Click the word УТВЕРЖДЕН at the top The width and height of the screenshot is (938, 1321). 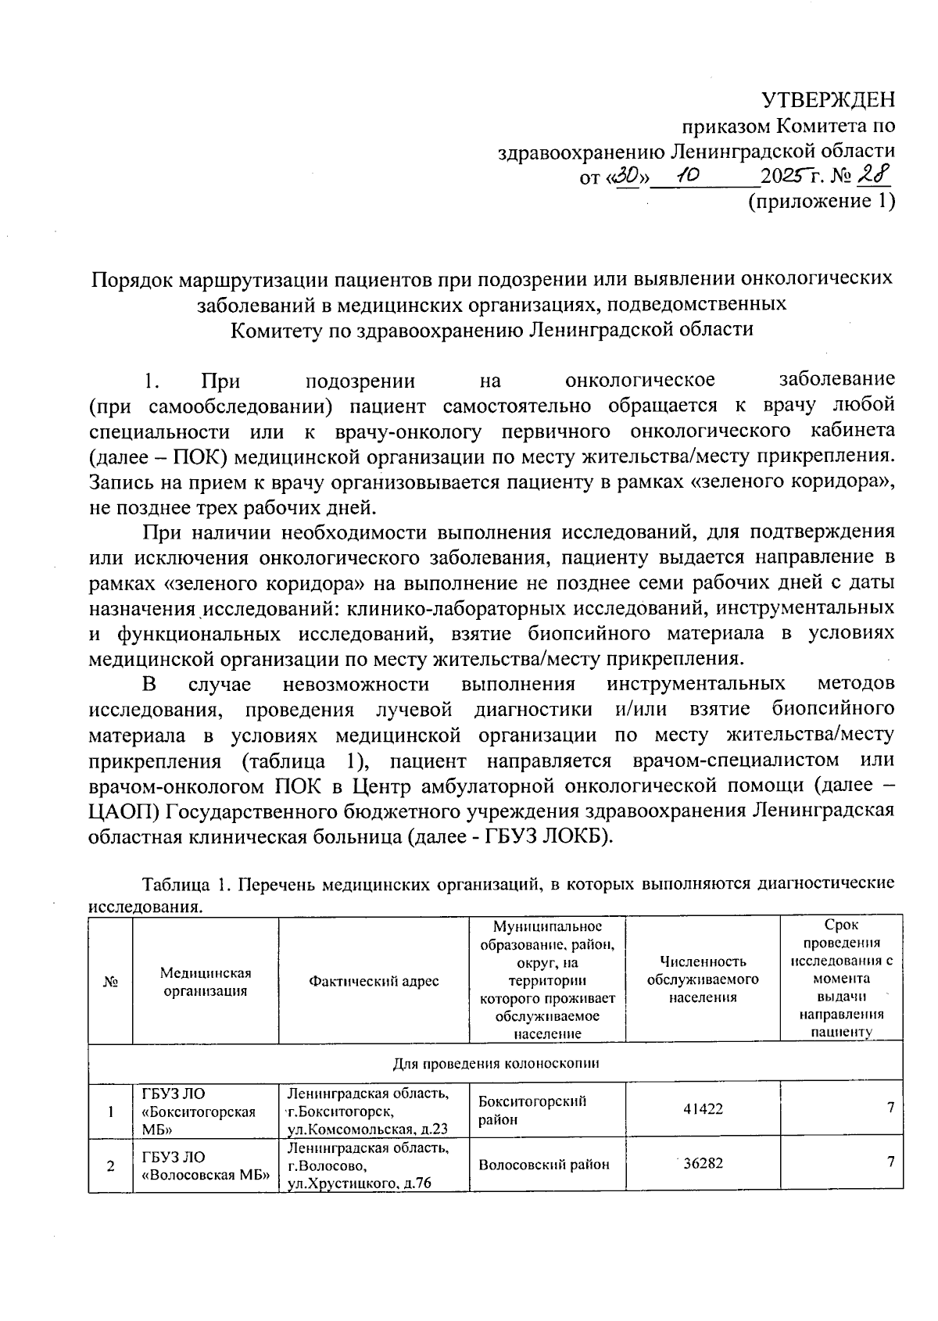click(829, 100)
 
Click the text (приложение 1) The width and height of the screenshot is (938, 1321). click(821, 202)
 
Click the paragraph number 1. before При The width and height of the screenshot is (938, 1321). click(152, 381)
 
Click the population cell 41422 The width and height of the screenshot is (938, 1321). click(703, 1108)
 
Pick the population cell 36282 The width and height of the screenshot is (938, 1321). click(703, 1163)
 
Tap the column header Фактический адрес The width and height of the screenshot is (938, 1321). click(374, 981)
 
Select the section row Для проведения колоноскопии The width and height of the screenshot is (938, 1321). click(496, 1063)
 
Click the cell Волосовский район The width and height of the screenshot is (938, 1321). click(543, 1164)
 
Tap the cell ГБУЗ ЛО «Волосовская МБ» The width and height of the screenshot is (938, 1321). click(205, 1165)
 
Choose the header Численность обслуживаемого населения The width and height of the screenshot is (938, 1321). click(703, 979)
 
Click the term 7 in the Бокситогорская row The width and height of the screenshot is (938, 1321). click(890, 1107)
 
